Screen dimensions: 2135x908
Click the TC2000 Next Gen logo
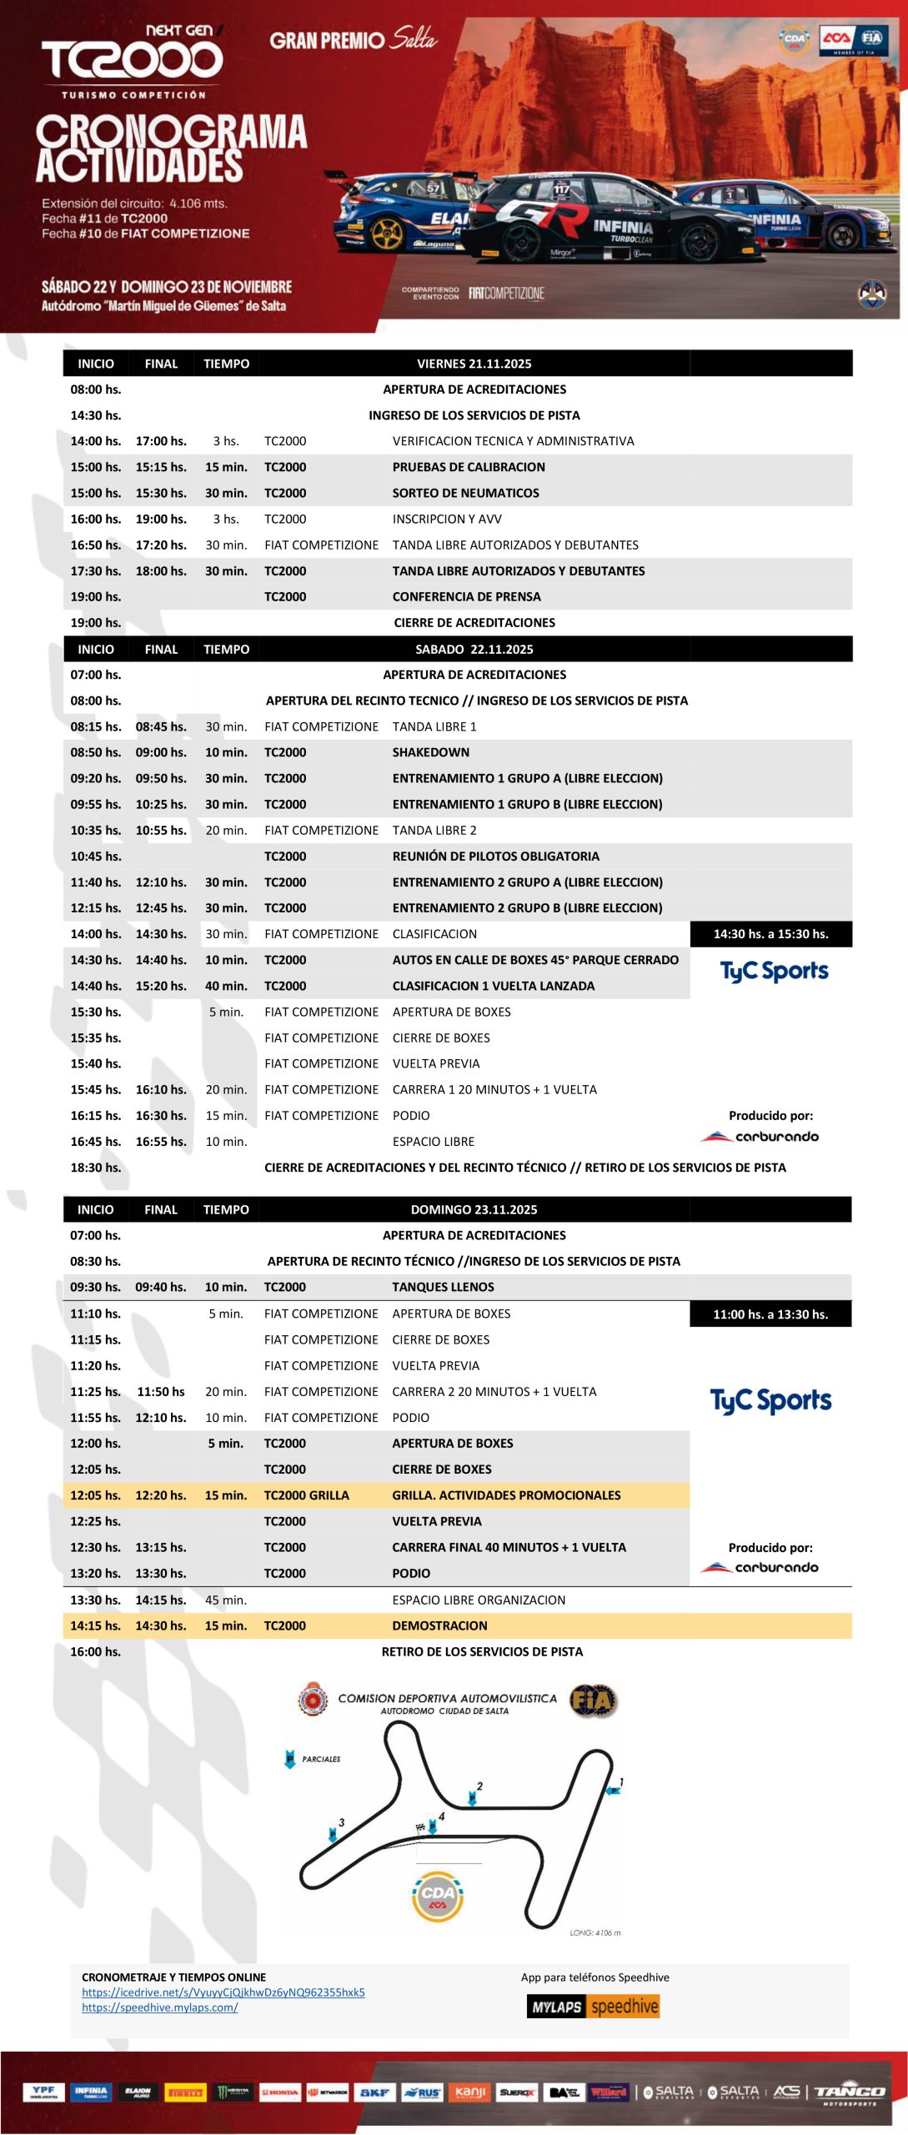click(133, 58)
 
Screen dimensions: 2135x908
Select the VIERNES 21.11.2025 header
click(474, 364)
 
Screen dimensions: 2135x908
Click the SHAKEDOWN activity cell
click(431, 752)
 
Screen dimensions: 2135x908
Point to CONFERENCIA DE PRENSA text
click(466, 597)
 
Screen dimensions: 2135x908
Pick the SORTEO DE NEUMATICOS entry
click(465, 493)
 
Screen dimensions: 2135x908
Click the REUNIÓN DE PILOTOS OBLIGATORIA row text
click(495, 857)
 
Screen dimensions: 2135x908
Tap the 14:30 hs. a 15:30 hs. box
click(770, 934)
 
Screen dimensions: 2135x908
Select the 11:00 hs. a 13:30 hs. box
click(770, 1314)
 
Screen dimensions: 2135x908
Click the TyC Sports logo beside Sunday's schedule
click(770, 1401)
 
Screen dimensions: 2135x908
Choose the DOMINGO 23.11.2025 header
click(474, 1209)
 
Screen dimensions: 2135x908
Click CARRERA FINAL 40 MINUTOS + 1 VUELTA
click(509, 1547)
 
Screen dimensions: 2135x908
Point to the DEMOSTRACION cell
click(439, 1625)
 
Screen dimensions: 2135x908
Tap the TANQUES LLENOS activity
click(443, 1287)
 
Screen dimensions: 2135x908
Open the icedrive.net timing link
click(223, 1992)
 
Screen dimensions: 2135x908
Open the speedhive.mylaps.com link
click(159, 2007)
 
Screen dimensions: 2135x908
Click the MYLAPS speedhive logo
click(593, 2007)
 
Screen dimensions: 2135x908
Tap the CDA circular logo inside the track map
click(438, 1896)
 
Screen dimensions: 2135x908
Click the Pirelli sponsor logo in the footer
click(185, 2092)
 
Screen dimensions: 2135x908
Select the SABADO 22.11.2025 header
click(474, 649)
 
